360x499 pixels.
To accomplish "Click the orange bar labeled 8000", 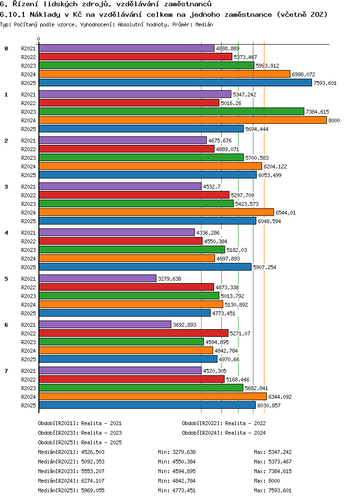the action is (x=183, y=120).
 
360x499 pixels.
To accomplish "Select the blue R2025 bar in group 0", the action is (x=175, y=83).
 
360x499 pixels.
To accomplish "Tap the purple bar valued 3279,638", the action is (x=98, y=278).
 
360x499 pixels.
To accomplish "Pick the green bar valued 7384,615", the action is (x=171, y=111).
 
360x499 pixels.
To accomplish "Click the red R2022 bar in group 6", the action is (x=134, y=333).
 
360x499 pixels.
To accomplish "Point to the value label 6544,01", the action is (x=286, y=213).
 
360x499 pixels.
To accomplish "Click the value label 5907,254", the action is (x=264, y=267).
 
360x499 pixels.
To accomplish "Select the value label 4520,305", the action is (x=215, y=371).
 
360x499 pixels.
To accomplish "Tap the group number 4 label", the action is (x=6, y=233).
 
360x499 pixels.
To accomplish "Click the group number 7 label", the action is (x=6, y=371).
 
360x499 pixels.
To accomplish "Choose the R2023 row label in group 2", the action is (x=28, y=158).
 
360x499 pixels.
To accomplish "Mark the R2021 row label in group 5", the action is (x=28, y=279).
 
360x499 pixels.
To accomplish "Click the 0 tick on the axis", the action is (x=38, y=39).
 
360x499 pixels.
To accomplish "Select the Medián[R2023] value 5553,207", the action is (x=93, y=471).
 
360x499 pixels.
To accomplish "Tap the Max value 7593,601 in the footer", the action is (x=280, y=490).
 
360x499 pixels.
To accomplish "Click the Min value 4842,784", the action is (x=184, y=481).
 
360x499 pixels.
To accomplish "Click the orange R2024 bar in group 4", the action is (x=127, y=259).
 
